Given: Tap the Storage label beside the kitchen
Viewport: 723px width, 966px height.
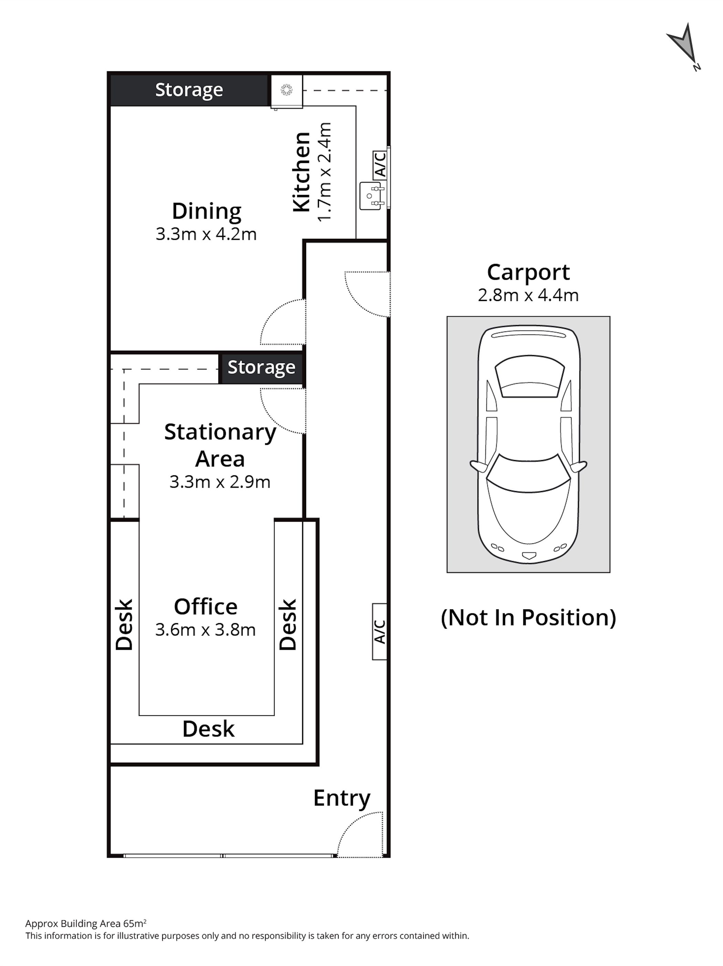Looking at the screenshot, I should [189, 90].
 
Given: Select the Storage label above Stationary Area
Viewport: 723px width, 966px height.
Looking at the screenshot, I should [261, 367].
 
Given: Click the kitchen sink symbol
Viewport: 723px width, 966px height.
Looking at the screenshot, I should [372, 196].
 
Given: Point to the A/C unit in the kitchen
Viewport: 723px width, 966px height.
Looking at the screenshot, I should [380, 164].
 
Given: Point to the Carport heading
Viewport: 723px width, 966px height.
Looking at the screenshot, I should [528, 273].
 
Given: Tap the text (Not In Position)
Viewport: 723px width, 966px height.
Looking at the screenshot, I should [528, 617].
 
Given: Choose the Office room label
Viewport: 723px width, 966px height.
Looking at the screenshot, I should [206, 607].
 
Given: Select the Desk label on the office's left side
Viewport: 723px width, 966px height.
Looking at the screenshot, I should [124, 625].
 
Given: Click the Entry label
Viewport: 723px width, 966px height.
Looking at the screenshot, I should [342, 798].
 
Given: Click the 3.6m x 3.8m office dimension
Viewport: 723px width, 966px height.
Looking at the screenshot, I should [206, 630].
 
